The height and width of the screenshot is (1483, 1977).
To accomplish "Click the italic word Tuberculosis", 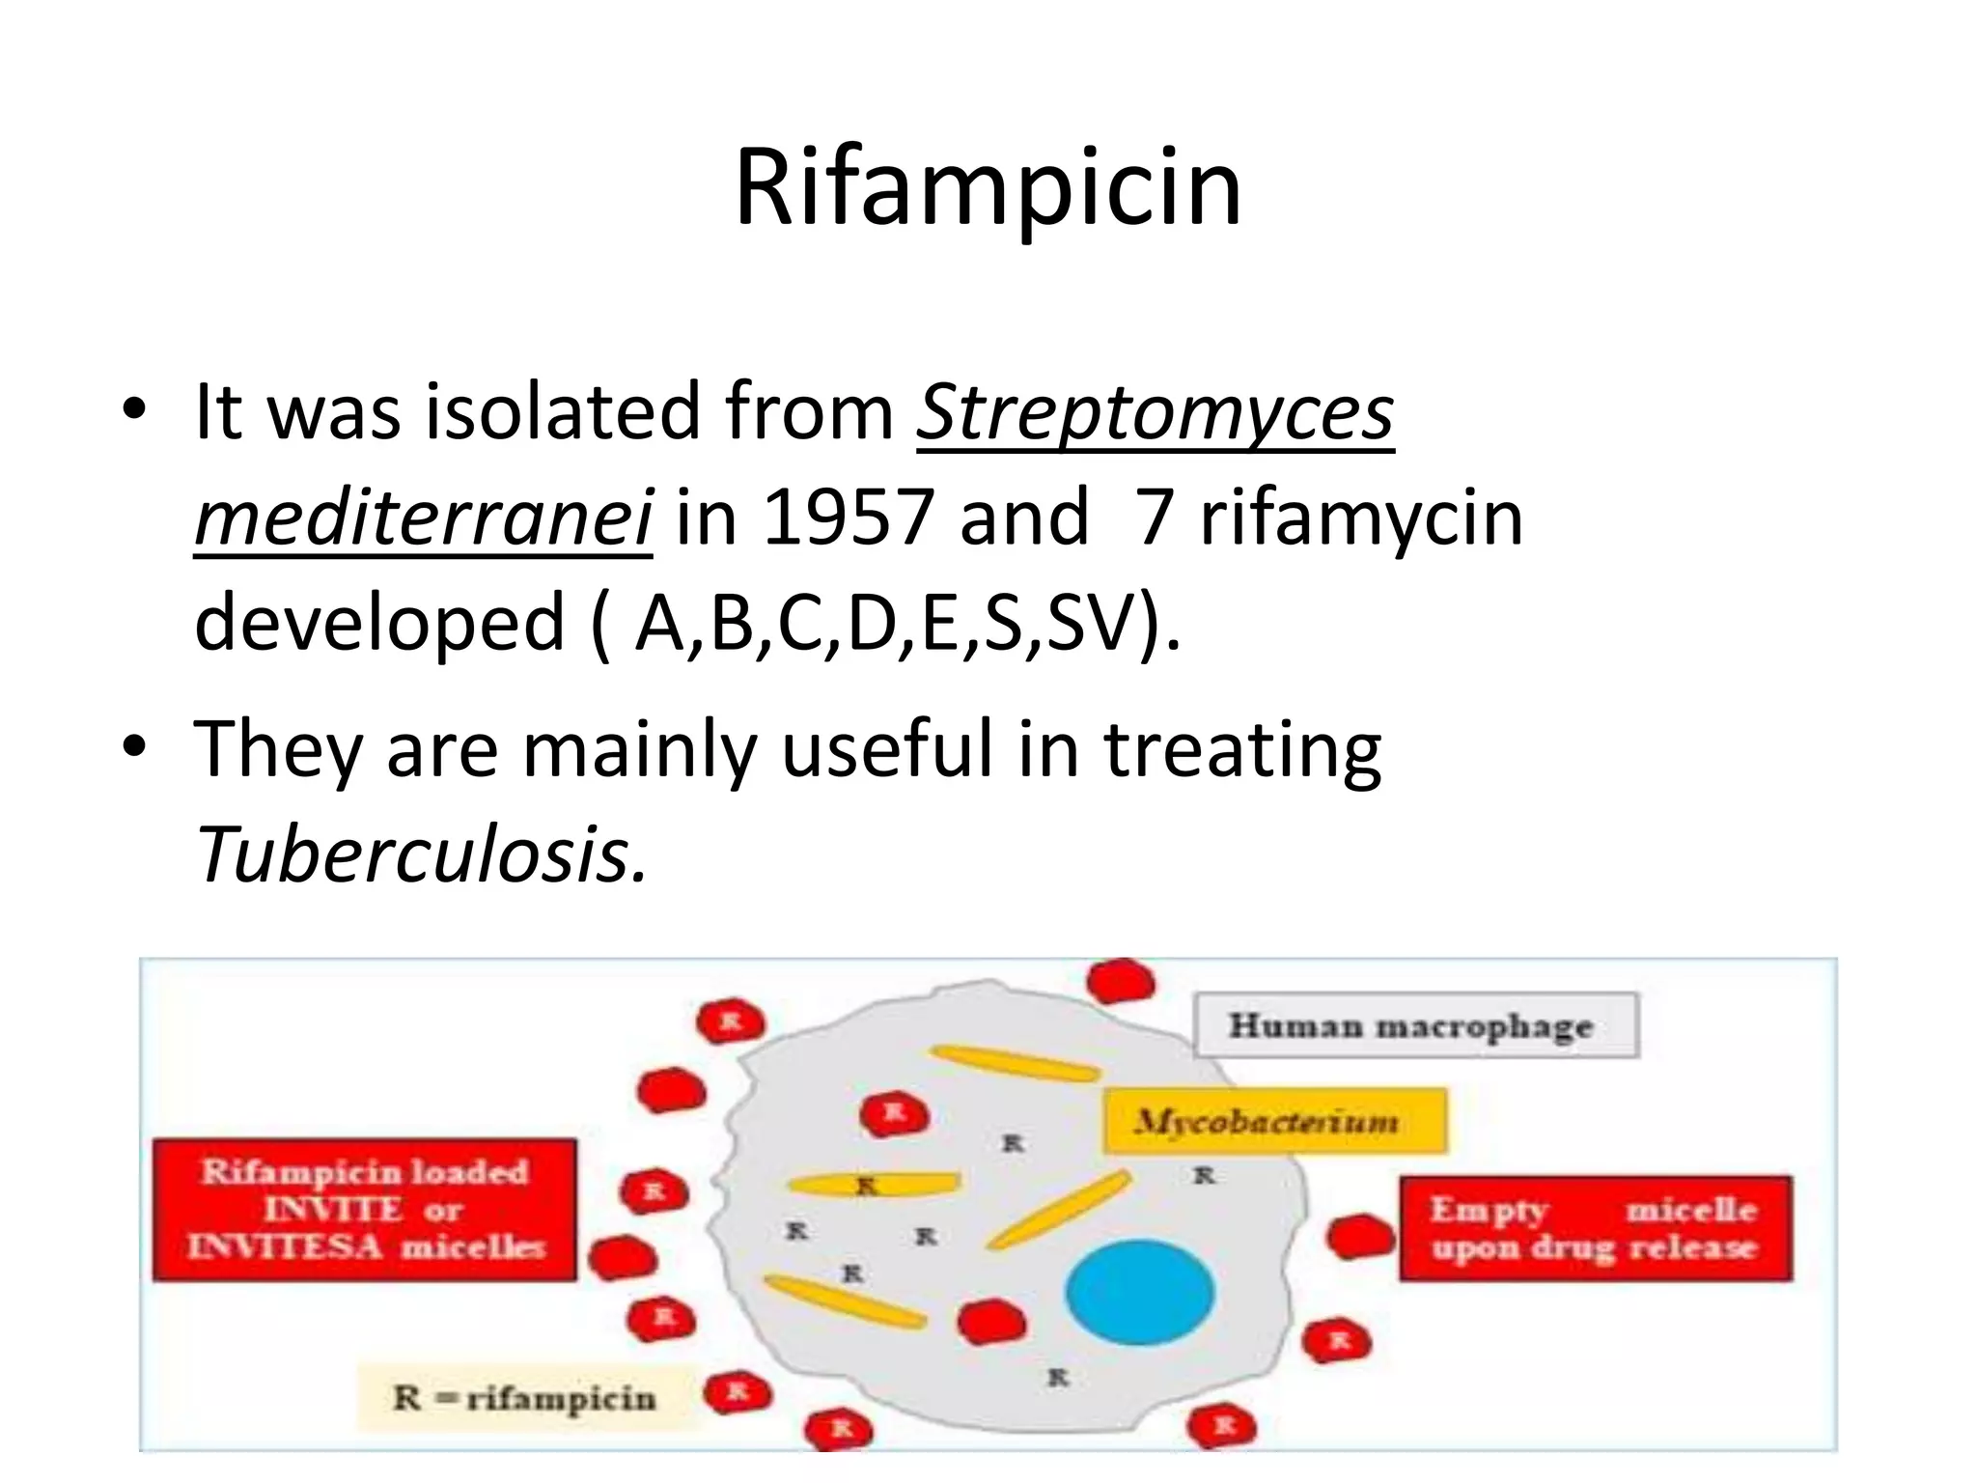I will point(421,854).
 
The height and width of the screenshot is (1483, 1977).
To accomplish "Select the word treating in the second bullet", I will point(1242,750).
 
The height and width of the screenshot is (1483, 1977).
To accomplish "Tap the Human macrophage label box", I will point(1415,1025).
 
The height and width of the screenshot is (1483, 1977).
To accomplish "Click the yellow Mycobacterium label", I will point(1274,1121).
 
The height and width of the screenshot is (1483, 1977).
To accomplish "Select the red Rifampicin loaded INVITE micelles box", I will point(365,1210).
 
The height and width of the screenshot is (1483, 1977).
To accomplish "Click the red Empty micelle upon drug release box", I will point(1595,1228).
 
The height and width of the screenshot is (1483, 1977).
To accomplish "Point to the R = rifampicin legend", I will point(524,1397).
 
